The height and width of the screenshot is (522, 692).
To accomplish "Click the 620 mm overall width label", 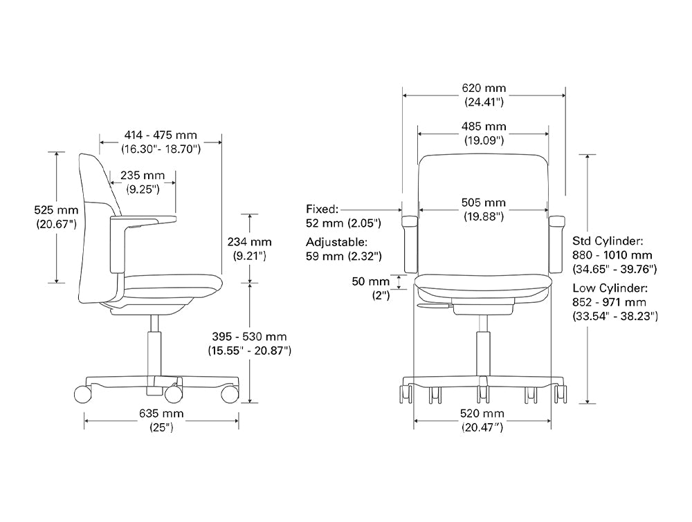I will [484, 88].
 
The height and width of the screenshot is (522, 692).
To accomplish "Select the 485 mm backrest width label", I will [484, 127].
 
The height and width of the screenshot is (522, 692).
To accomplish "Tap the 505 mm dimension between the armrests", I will [484, 203].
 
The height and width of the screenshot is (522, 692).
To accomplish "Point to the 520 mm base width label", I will [483, 414].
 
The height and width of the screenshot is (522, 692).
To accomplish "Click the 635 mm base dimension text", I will [161, 414].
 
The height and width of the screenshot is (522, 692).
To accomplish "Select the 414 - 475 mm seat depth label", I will [161, 135].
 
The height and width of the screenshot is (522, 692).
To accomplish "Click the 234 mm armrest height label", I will [250, 242].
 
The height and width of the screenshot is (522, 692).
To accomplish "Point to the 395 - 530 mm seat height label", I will [249, 337].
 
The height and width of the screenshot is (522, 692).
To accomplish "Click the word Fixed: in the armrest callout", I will [322, 209].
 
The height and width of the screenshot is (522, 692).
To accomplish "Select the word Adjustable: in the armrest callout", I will [336, 242].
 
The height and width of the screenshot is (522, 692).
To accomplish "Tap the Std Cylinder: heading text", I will [608, 241].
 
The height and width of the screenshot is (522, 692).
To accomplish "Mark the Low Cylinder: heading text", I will [608, 288].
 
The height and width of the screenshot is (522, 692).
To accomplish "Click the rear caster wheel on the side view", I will [82, 394].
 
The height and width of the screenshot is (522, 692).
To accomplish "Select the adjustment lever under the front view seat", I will [436, 305].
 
